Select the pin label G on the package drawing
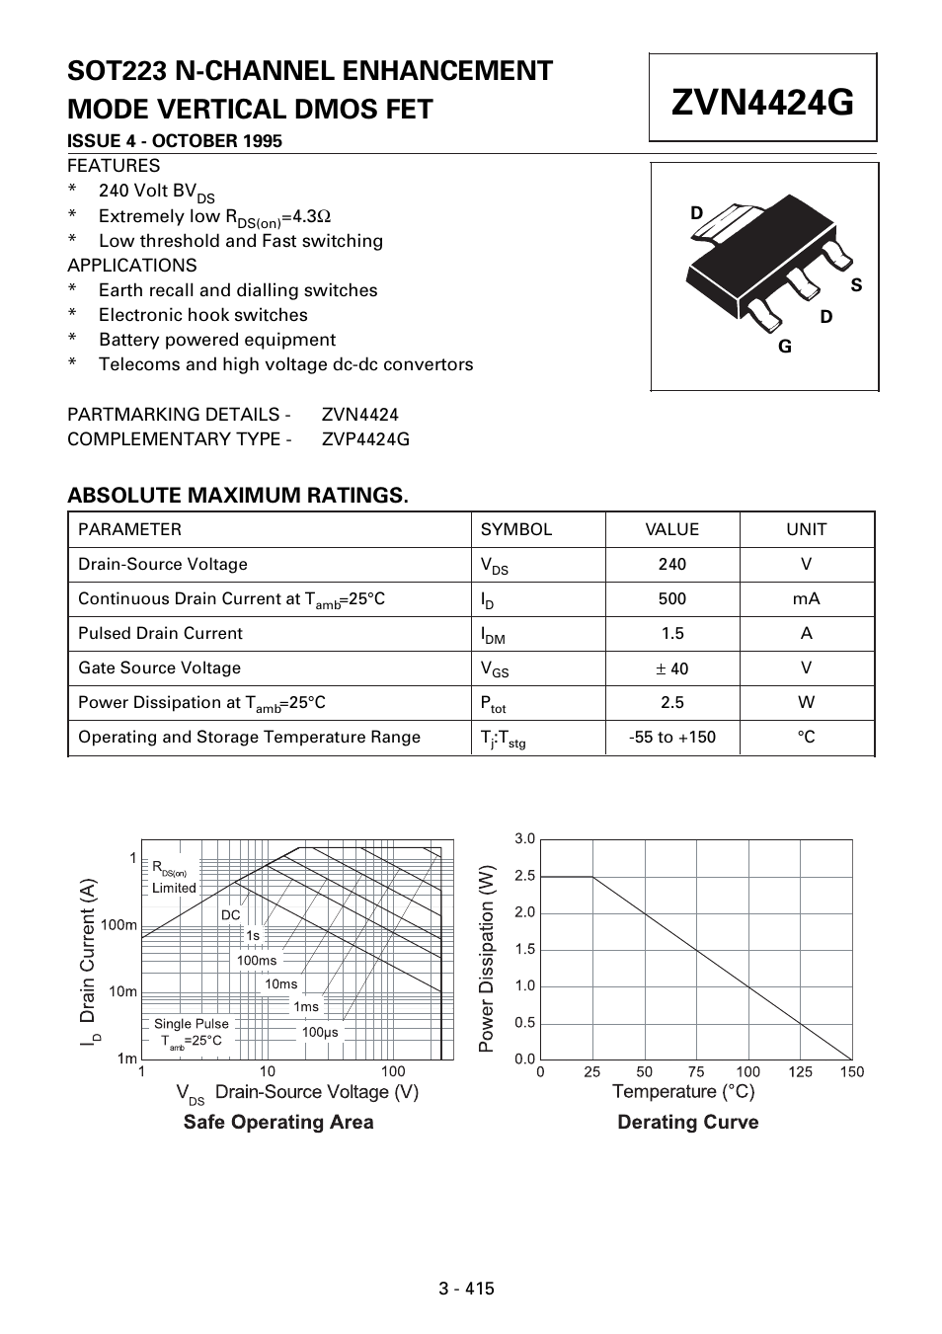click(x=785, y=347)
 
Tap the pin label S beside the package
click(x=856, y=285)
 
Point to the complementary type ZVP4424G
click(x=365, y=439)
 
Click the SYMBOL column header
click(x=516, y=529)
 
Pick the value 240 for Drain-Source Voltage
click(x=671, y=564)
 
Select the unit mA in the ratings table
click(x=806, y=598)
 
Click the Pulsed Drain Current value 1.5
click(x=671, y=633)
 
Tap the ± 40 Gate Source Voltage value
click(x=671, y=668)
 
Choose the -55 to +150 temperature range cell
click(x=671, y=737)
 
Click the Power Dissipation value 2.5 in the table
click(x=671, y=702)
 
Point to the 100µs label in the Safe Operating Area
click(x=320, y=1032)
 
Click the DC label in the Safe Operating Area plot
click(x=230, y=915)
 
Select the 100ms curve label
click(x=257, y=960)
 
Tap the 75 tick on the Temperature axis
click(x=696, y=1072)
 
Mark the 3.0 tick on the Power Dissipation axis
click(x=524, y=839)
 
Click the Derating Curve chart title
click(x=687, y=1122)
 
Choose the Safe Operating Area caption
click(x=278, y=1122)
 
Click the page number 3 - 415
click(x=467, y=1288)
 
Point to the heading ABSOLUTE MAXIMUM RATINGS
click(x=237, y=495)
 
